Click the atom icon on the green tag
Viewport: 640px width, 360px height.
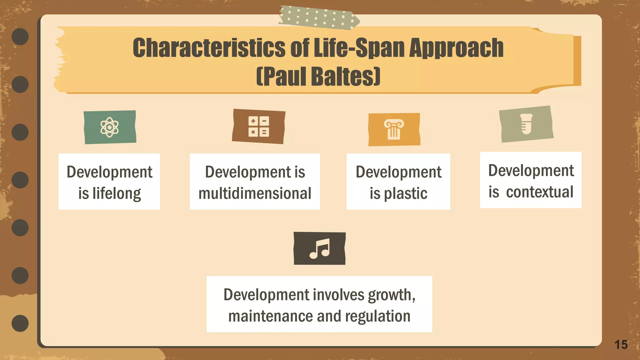coord(109,127)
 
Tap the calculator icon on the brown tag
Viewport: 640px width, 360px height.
coord(258,126)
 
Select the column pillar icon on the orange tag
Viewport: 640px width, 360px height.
coord(394,129)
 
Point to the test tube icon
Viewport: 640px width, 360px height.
coord(526,124)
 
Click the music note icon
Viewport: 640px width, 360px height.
coord(319,248)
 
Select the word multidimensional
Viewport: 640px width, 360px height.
coord(255,193)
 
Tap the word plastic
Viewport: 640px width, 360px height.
coord(405,194)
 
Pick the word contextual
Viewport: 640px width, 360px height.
coord(539,192)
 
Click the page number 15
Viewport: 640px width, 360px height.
coord(621,345)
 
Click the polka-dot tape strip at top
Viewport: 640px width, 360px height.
coord(319,18)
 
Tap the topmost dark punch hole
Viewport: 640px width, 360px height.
coord(20,37)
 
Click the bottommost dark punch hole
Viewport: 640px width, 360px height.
coord(20,323)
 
